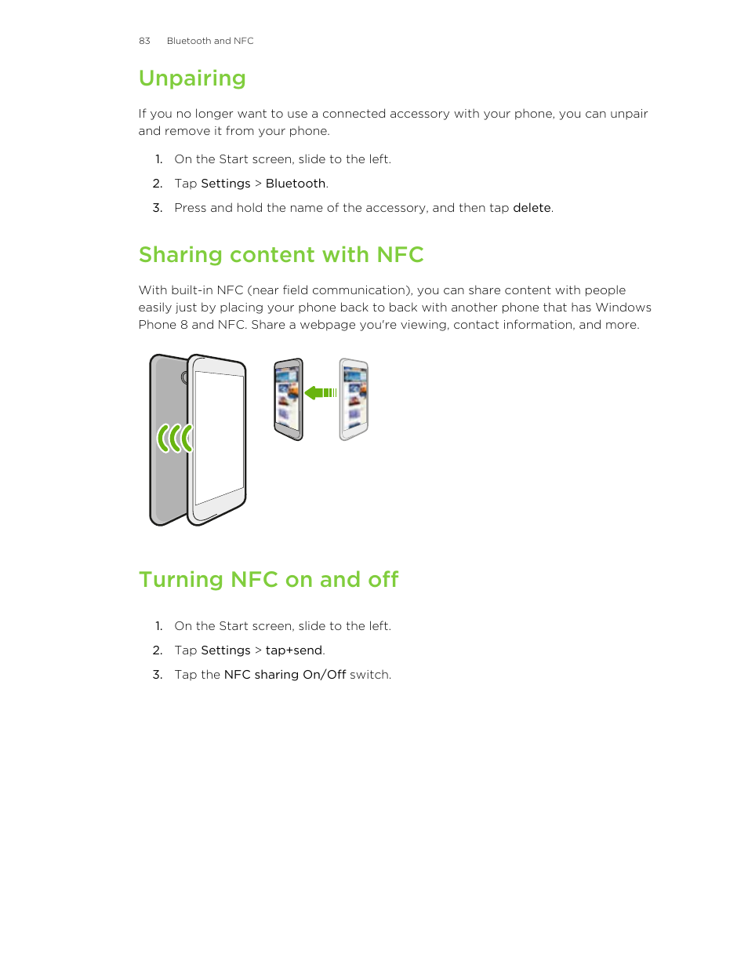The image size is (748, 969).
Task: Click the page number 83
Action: [144, 41]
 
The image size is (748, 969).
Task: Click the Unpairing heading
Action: [192, 78]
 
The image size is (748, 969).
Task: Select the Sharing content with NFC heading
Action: [281, 255]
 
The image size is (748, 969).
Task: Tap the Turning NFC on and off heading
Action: [268, 580]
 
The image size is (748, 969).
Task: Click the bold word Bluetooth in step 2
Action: [296, 184]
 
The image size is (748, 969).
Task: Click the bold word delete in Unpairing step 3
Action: [532, 208]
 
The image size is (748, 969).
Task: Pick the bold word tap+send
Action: [294, 650]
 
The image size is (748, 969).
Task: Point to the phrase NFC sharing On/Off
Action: [285, 675]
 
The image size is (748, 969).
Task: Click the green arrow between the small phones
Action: [320, 392]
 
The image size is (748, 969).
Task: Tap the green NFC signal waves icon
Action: [174, 438]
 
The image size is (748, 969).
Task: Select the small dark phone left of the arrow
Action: [288, 399]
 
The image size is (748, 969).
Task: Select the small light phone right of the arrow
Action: [354, 399]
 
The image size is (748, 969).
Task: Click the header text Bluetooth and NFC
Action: [210, 41]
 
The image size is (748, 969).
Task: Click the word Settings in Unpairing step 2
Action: [226, 184]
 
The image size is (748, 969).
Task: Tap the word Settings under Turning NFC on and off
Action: [226, 650]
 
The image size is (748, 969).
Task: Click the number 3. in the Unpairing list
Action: [158, 208]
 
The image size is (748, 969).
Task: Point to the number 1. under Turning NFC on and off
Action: [158, 626]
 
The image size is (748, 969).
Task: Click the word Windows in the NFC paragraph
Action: [623, 308]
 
